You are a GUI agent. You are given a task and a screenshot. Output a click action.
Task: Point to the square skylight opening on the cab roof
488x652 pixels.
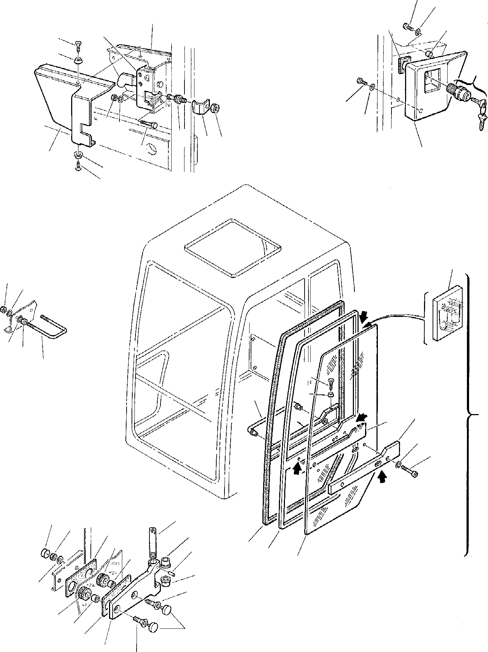point(232,247)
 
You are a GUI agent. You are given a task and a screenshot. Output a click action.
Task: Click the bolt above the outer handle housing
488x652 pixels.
point(408,26)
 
